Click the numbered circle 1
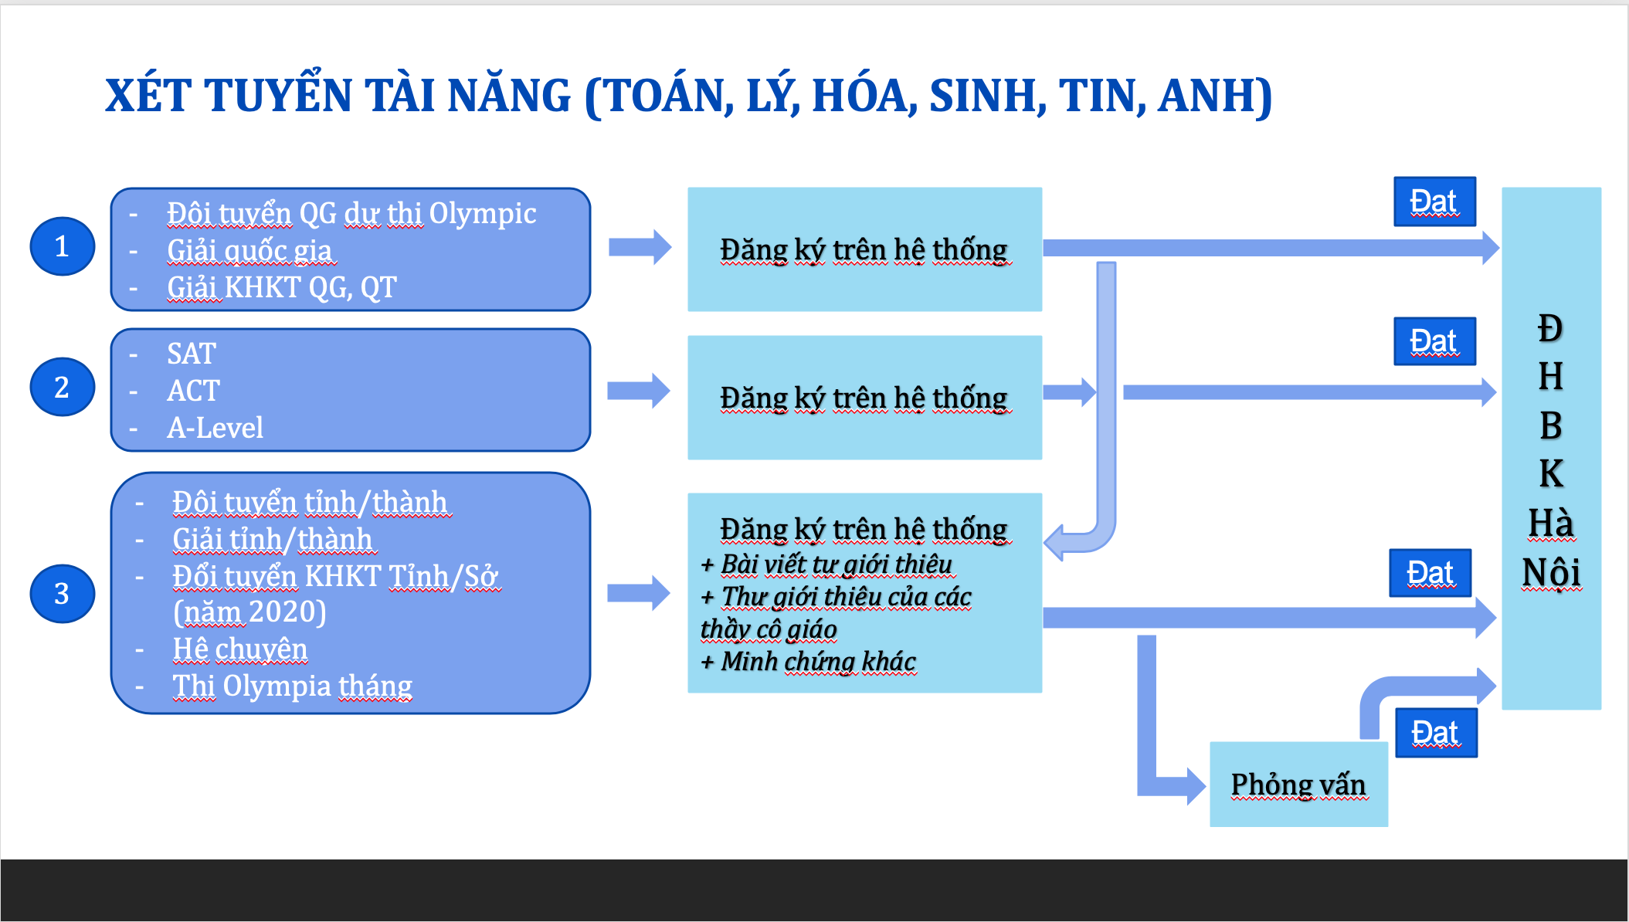point(62,246)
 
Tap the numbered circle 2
point(62,387)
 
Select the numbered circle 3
point(62,593)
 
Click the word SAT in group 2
point(192,354)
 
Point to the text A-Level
point(215,427)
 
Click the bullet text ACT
point(193,391)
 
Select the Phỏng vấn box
point(1298,785)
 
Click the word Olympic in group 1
point(483,214)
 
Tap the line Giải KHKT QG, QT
point(282,287)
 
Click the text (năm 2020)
point(249,612)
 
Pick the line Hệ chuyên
point(240,649)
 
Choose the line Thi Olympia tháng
point(292,686)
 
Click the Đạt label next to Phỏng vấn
point(1436,733)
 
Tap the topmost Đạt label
point(1434,202)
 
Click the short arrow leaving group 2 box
point(638,391)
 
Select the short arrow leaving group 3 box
point(638,593)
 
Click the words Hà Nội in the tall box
point(1551,547)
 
